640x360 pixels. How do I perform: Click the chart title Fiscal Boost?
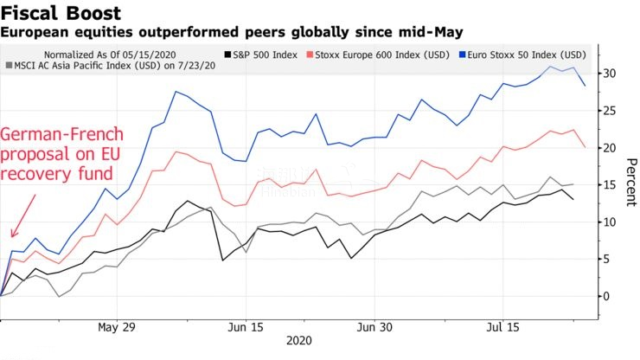tap(60, 13)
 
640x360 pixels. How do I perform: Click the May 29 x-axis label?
tap(118, 328)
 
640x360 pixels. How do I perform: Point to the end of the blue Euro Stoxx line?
tap(586, 85)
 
